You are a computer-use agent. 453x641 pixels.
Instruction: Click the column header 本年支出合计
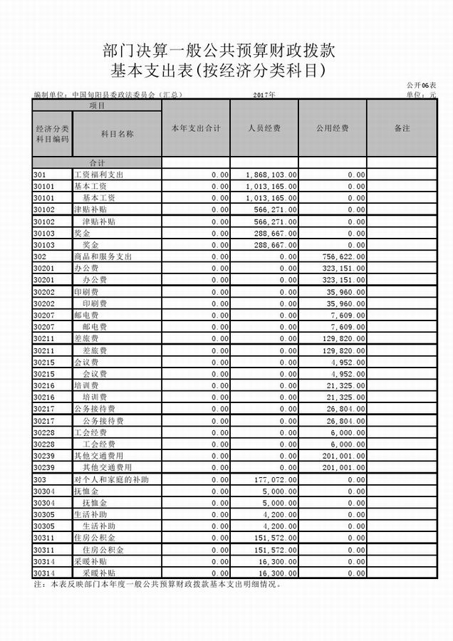pos(195,128)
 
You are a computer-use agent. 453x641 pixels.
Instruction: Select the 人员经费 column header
pos(264,128)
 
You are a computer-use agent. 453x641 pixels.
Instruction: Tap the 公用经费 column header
pos(332,128)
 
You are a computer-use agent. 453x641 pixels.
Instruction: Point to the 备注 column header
pos(402,128)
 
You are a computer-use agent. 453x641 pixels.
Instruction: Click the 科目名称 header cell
pos(118,134)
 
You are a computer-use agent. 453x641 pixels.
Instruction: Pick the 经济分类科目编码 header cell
pos(52,134)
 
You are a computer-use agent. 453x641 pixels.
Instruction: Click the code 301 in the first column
pos(40,174)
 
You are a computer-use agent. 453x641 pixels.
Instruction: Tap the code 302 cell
pos(40,256)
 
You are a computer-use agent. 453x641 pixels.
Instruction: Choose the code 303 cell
pos(40,479)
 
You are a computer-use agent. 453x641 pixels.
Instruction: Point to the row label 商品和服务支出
pos(103,256)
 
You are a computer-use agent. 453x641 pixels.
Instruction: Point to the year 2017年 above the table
pos(264,94)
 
